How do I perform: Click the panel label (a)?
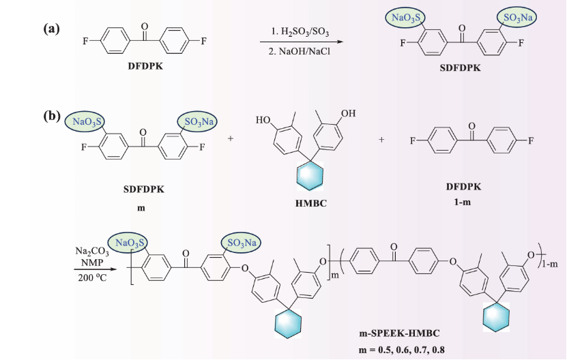tap(51, 28)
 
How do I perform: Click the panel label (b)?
tap(52, 116)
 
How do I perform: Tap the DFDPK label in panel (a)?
tap(145, 66)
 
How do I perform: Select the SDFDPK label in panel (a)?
tap(460, 67)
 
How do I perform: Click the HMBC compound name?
tap(310, 203)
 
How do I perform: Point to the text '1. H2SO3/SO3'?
tap(300, 32)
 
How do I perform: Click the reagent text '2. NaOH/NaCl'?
tap(300, 51)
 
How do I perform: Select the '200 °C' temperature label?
tap(92, 277)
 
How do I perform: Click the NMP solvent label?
tap(92, 262)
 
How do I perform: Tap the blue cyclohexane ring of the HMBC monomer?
tap(310, 176)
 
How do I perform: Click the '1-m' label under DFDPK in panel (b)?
tap(463, 202)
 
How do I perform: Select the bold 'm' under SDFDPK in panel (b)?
tap(141, 208)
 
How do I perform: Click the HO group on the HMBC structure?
tap(263, 119)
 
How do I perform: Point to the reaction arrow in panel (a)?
tap(301, 42)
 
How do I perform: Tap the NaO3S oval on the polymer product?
tap(130, 243)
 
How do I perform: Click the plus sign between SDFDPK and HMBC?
tap(231, 138)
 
